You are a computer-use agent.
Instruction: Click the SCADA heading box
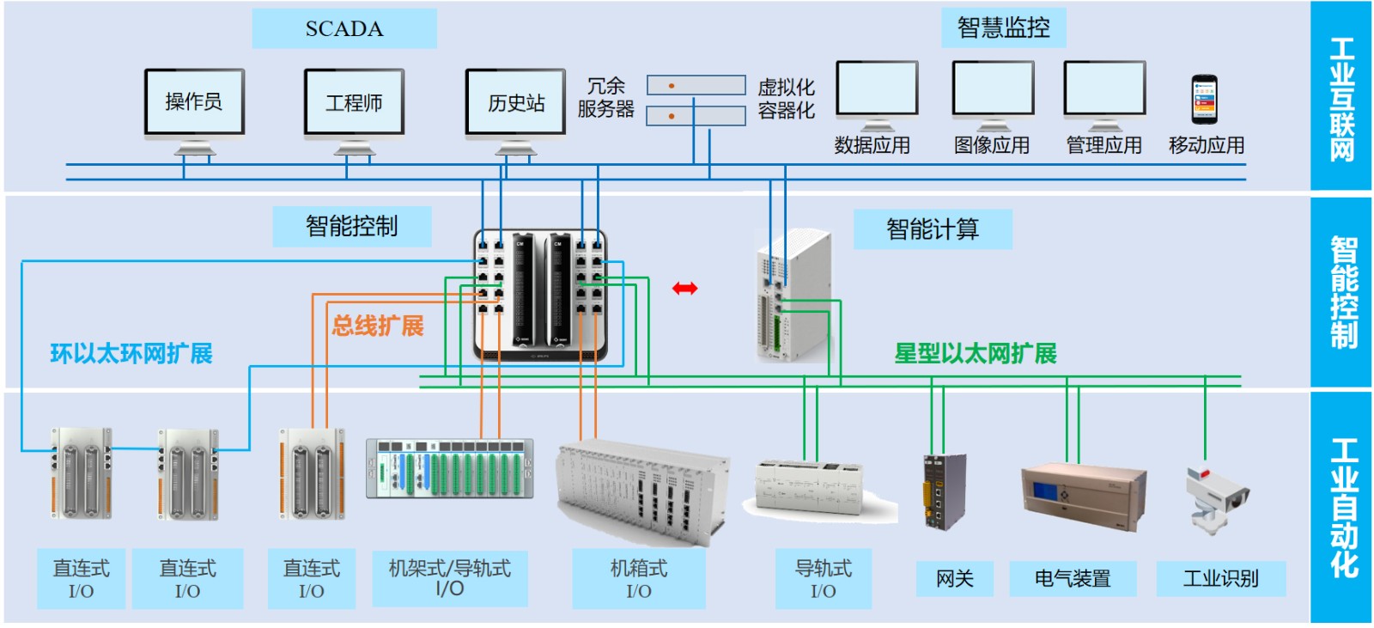point(344,28)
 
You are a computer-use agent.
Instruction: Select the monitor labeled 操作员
point(194,102)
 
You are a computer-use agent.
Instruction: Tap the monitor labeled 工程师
point(354,103)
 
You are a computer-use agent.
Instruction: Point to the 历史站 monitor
point(515,103)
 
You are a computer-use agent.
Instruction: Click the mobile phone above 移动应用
point(1204,100)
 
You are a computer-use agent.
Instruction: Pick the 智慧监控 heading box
point(1003,28)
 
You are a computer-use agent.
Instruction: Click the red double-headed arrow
point(684,289)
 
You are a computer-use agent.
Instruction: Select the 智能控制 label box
point(351,226)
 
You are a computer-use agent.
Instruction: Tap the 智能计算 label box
point(933,229)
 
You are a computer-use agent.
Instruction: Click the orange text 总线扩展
point(378,326)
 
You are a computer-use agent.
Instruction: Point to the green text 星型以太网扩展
point(976,354)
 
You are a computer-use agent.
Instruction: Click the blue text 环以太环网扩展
point(131,354)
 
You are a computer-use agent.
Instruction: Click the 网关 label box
point(954,579)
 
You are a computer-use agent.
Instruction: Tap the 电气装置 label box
point(1073,579)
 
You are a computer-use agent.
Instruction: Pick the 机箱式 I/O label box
point(639,579)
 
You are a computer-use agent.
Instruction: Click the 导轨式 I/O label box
point(823,579)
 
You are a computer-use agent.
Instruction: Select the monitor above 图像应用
point(993,89)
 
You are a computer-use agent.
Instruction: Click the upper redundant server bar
point(696,85)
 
